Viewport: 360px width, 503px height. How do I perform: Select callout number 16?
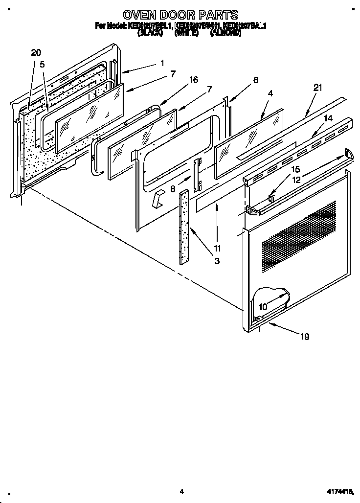tap(194, 80)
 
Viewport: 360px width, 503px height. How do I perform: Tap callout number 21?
tap(318, 88)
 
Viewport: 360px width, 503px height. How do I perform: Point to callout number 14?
tap(328, 118)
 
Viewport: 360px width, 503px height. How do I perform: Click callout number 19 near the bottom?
tap(305, 336)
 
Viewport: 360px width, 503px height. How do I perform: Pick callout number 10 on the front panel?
tap(263, 307)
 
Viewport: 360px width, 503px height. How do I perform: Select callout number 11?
tap(217, 248)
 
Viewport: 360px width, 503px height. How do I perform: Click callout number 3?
tap(216, 261)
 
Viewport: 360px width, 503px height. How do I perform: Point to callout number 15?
tap(295, 169)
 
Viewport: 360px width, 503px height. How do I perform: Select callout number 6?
tap(255, 80)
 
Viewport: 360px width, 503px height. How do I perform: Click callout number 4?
tap(270, 93)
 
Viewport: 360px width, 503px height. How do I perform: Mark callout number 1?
tap(161, 63)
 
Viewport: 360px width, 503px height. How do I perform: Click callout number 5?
tap(43, 64)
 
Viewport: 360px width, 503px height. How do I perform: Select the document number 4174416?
tap(339, 490)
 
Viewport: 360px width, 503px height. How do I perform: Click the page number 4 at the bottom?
tap(181, 491)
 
